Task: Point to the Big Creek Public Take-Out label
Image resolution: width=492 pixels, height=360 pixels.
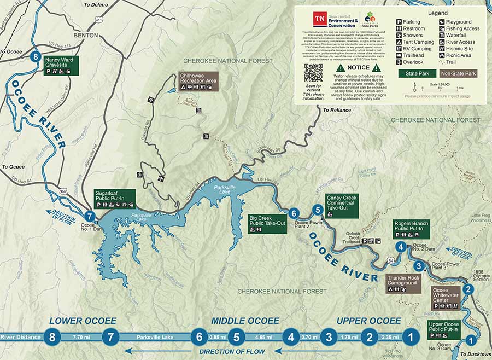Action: pyautogui.click(x=267, y=223)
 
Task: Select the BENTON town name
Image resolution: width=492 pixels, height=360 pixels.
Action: pyautogui.click(x=83, y=35)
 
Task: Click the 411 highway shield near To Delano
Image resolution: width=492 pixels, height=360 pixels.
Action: pyautogui.click(x=98, y=20)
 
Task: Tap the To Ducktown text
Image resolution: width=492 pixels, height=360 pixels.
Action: pyautogui.click(x=474, y=355)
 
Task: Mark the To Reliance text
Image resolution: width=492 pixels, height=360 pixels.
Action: pyautogui.click(x=337, y=110)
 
